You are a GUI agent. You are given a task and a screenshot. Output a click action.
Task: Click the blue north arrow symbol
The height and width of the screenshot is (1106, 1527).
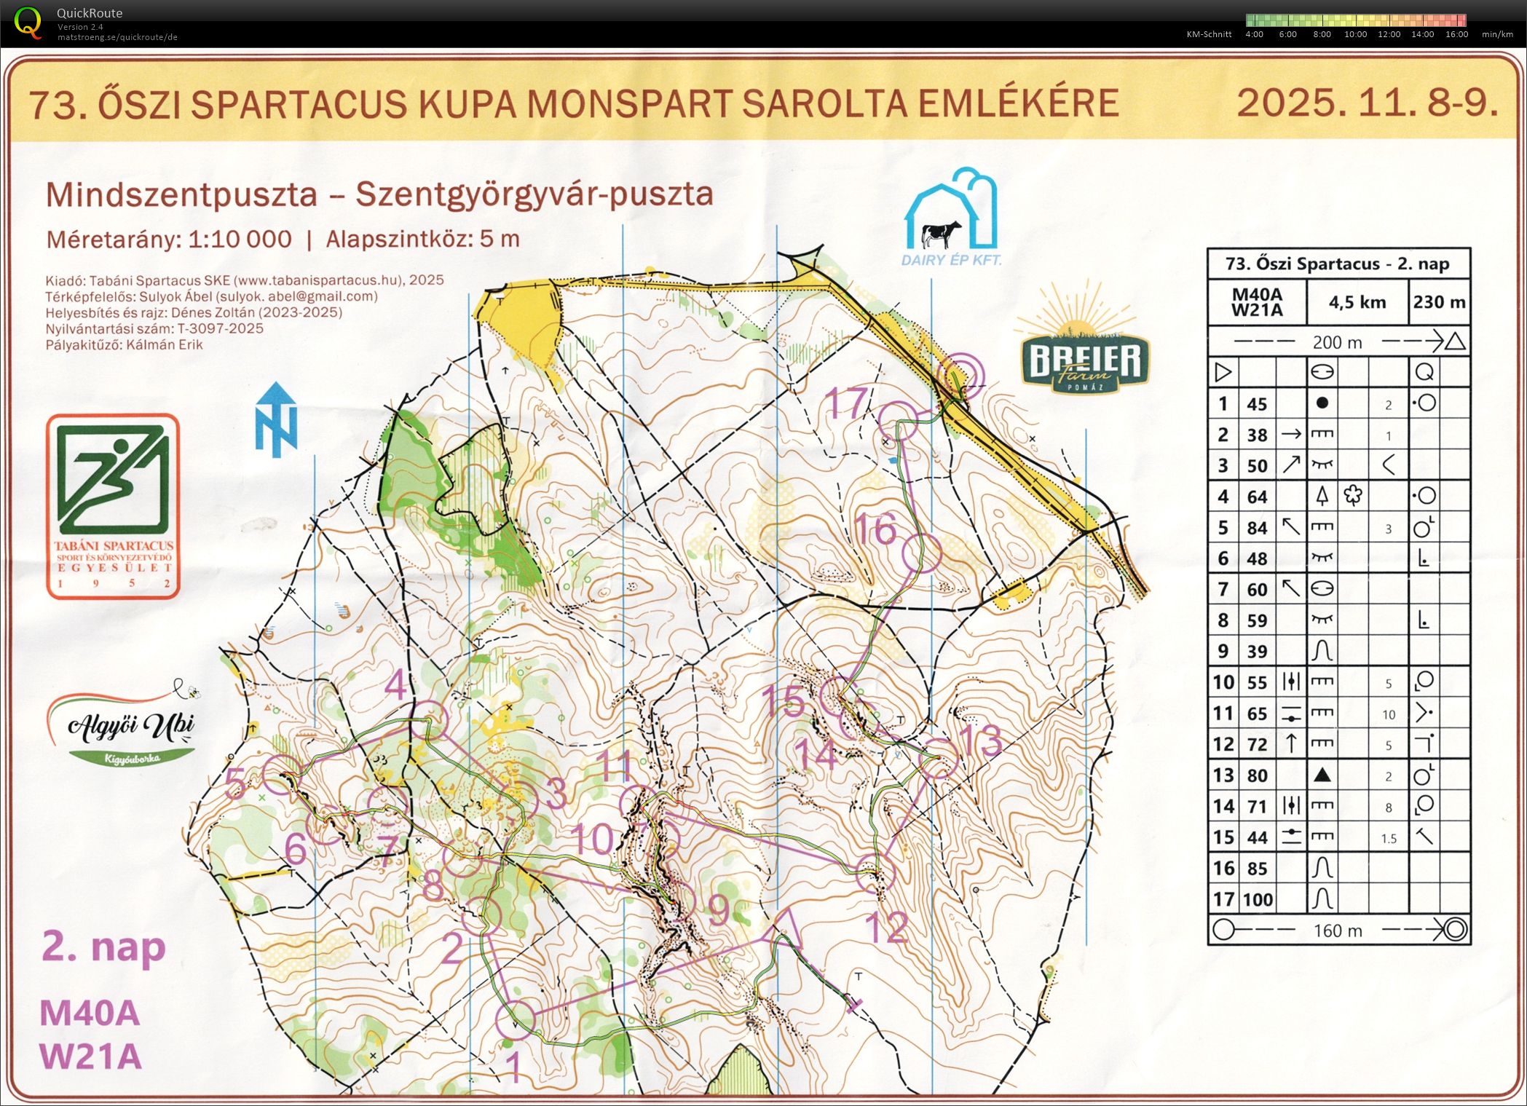(276, 420)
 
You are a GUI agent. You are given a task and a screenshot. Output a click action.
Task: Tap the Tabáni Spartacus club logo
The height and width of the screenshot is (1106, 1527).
(113, 506)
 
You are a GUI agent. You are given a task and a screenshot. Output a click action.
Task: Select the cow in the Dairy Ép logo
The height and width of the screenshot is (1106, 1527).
(941, 234)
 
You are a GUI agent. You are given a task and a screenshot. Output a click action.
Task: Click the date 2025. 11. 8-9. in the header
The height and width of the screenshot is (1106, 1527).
(1367, 103)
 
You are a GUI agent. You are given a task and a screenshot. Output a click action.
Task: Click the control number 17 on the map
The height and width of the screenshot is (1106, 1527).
(847, 402)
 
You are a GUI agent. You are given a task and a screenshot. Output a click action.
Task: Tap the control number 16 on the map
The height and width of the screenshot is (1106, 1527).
(875, 529)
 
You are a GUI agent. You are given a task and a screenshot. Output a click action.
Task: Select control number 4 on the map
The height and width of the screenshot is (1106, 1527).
(396, 685)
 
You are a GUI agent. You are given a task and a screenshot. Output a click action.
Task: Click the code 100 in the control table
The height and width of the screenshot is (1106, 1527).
(1257, 900)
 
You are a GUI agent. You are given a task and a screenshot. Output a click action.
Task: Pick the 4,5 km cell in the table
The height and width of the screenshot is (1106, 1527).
(1357, 302)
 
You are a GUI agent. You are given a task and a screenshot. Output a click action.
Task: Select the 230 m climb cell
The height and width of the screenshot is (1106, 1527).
(1439, 302)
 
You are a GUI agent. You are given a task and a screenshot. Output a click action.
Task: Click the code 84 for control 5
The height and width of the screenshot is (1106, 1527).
(1257, 528)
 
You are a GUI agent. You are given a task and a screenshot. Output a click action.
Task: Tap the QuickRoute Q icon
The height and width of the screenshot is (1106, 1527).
(28, 22)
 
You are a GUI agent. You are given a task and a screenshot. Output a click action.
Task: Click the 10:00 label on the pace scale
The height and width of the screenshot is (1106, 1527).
(1355, 34)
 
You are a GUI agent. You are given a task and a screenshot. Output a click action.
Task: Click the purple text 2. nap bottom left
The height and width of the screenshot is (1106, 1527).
(104, 947)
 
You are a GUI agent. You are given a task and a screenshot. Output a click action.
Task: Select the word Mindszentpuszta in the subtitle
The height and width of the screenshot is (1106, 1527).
(181, 194)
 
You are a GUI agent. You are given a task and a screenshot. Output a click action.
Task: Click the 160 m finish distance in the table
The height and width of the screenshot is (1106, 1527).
(1338, 931)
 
